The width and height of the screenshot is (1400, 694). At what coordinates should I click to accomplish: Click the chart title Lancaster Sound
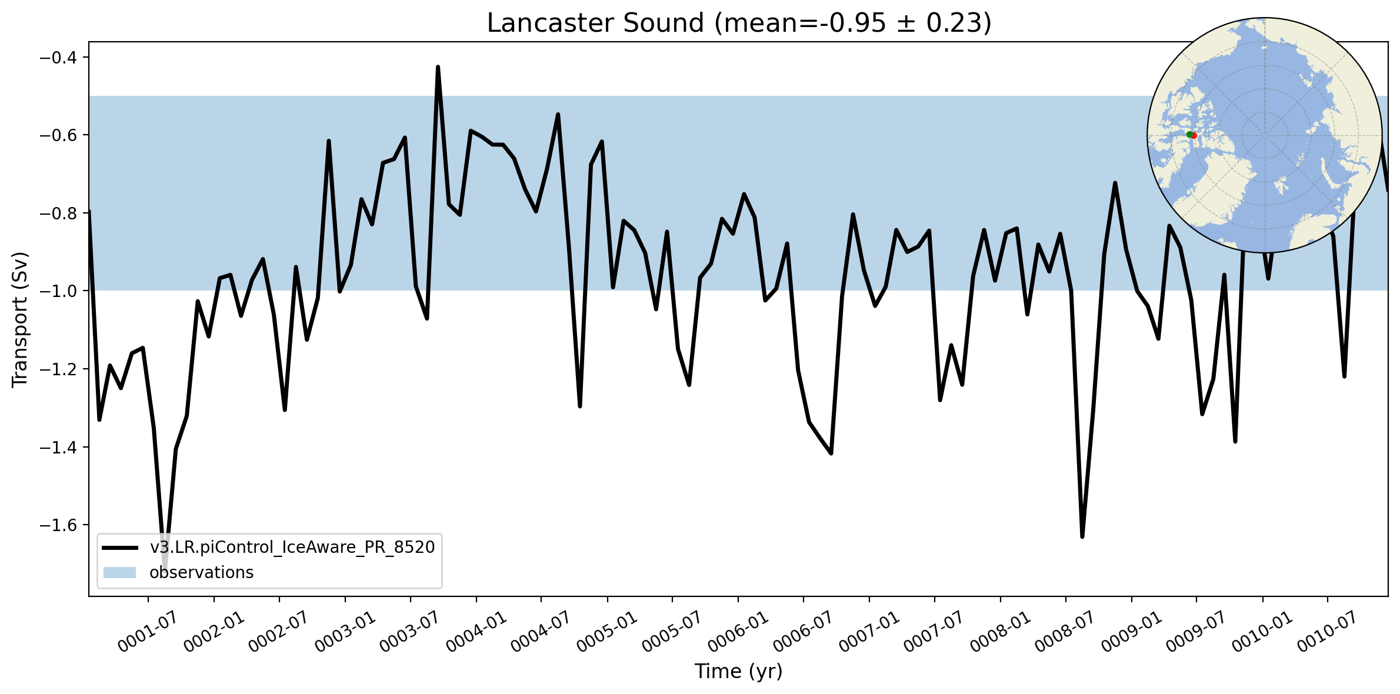point(595,24)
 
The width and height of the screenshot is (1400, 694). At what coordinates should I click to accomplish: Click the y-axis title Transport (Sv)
point(20,320)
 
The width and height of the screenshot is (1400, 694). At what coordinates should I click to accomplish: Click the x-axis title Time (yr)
point(738,672)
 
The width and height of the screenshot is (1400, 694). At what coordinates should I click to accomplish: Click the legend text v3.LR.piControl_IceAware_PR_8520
point(292,548)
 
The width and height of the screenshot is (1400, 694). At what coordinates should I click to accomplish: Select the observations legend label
point(201,572)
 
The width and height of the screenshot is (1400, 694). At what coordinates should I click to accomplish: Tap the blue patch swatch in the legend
point(120,573)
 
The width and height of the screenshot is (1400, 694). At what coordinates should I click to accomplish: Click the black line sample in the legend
point(120,548)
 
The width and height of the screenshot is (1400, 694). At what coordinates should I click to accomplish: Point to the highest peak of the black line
point(438,67)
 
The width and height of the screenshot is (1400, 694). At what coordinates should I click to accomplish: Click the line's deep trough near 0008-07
point(1082,536)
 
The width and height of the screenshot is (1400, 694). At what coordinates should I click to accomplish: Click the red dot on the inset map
point(1194,136)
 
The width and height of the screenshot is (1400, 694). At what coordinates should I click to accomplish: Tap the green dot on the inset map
point(1189,135)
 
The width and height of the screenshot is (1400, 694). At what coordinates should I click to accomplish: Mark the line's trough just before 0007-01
point(831,453)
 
